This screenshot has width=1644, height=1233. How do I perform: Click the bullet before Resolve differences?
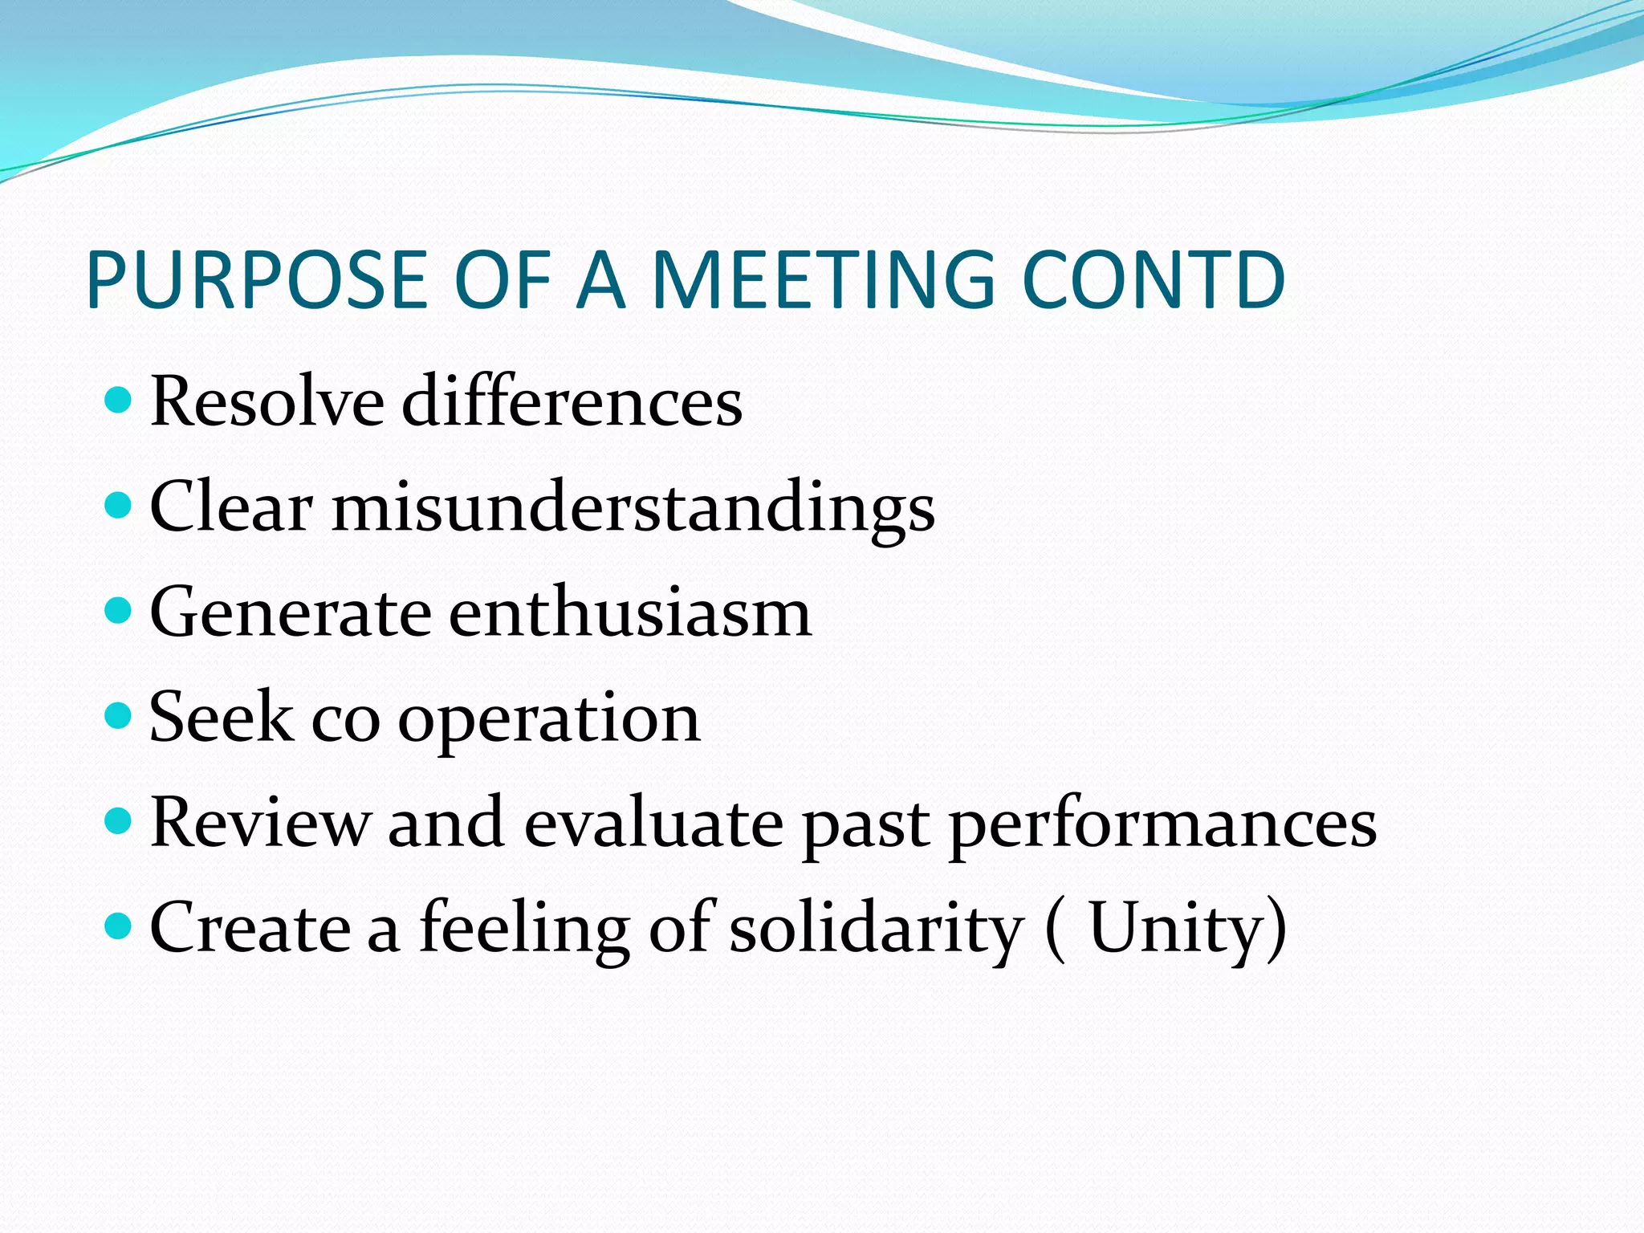click(x=118, y=399)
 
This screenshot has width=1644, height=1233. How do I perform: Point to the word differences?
click(x=572, y=401)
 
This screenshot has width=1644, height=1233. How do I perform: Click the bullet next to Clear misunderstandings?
click(x=118, y=505)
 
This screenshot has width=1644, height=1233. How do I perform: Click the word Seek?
click(x=221, y=717)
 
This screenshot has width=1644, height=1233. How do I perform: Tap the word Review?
click(x=260, y=822)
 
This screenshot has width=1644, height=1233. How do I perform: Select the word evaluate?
click(x=653, y=822)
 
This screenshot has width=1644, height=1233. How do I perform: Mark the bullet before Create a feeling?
click(x=118, y=926)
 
